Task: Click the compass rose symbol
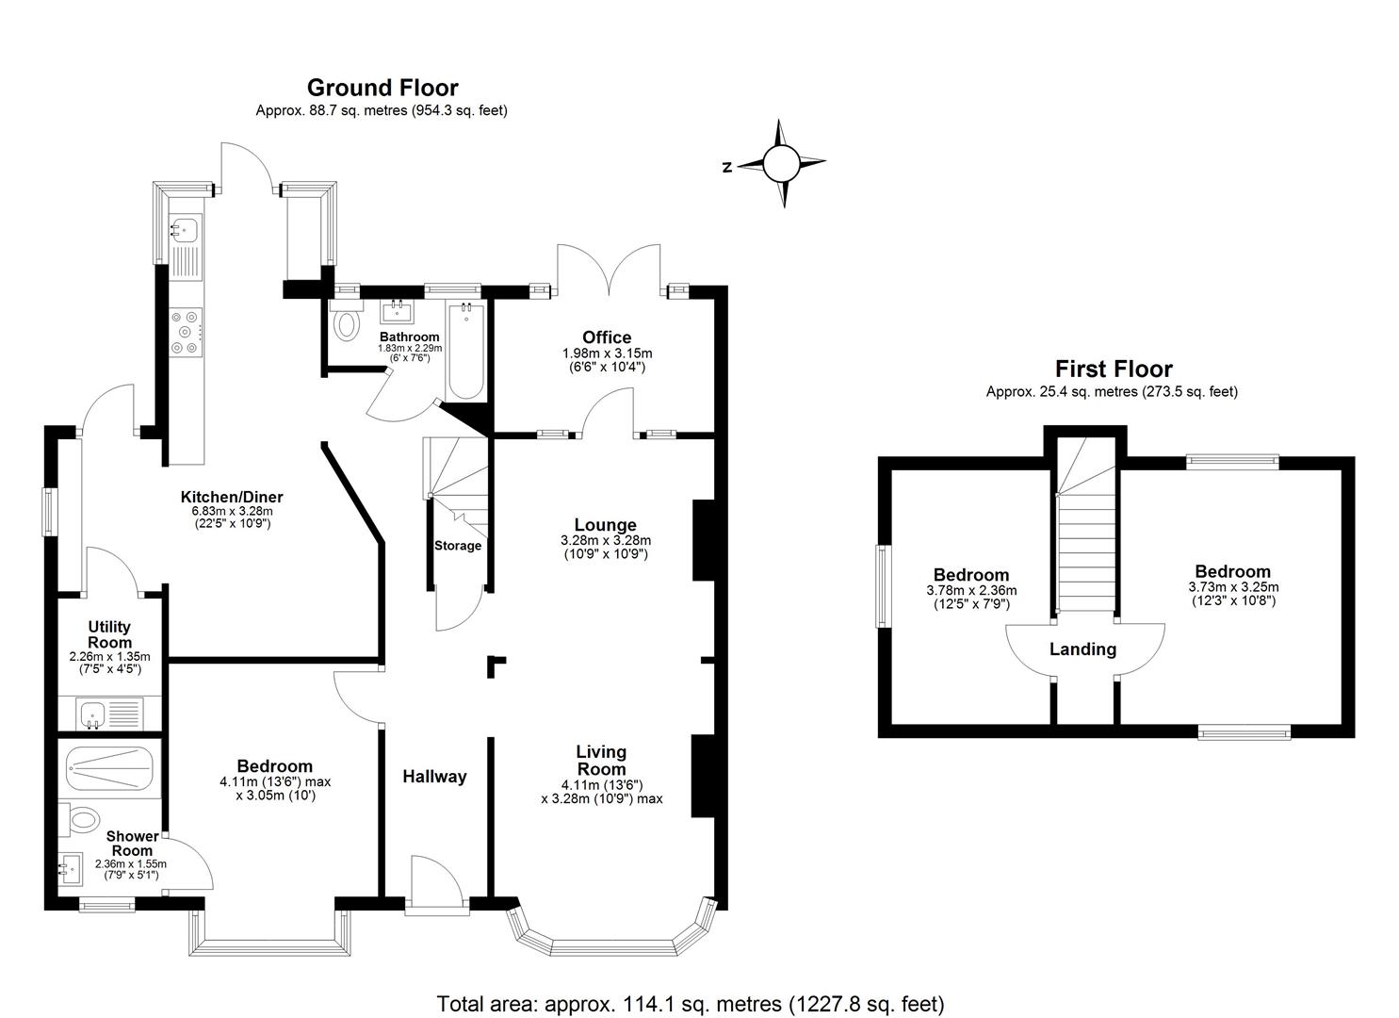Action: (x=780, y=164)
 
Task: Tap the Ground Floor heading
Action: (x=382, y=88)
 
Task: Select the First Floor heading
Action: (x=1113, y=369)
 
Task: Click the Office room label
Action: (x=607, y=337)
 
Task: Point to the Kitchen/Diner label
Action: (x=232, y=497)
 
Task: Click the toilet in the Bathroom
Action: (x=347, y=322)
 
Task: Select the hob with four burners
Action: (x=186, y=333)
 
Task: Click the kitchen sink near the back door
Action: (x=186, y=228)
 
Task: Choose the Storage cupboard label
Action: (x=458, y=546)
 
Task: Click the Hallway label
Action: (x=434, y=777)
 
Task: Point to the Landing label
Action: (x=1082, y=649)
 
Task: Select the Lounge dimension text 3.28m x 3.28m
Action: (x=606, y=541)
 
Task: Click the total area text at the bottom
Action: (x=690, y=1004)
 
